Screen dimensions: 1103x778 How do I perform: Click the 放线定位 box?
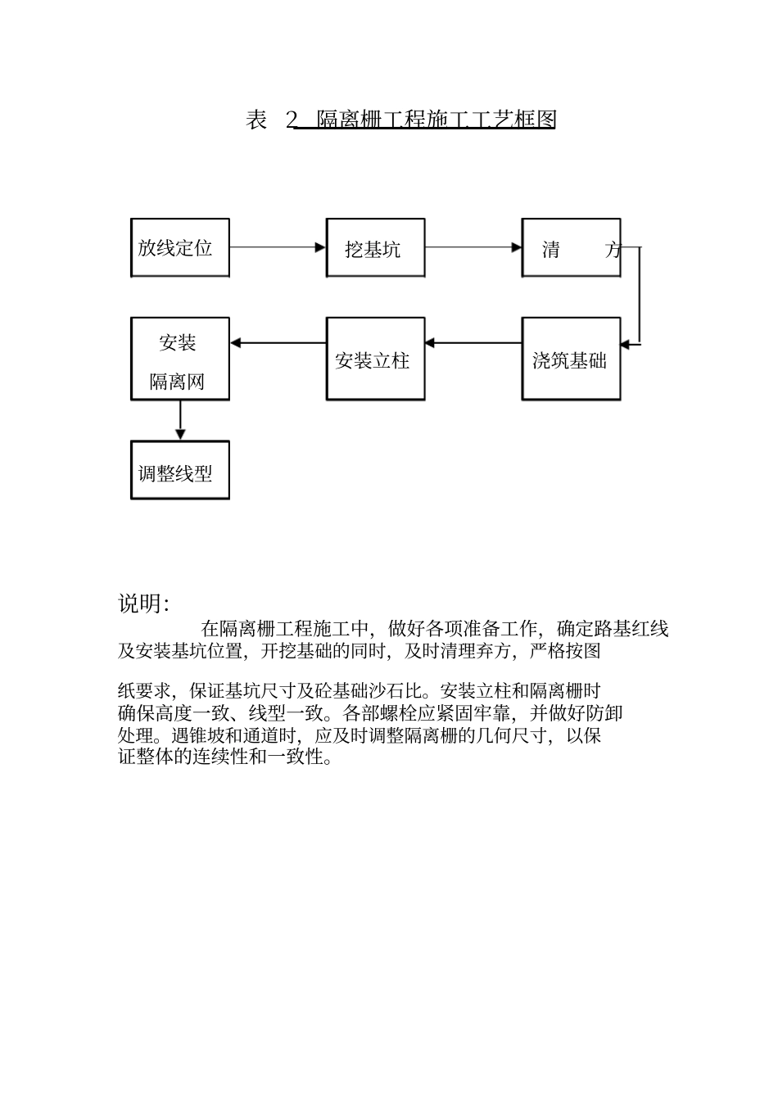(x=179, y=247)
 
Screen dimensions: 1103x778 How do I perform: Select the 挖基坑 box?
(x=375, y=247)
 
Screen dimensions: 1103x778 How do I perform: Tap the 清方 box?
(x=571, y=247)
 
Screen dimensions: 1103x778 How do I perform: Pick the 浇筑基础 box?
(x=571, y=359)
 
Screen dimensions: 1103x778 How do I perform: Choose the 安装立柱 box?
(x=375, y=359)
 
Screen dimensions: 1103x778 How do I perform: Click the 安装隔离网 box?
(x=179, y=359)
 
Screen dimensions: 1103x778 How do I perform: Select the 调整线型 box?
(x=179, y=470)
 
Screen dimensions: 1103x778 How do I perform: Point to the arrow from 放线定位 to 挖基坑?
(x=278, y=246)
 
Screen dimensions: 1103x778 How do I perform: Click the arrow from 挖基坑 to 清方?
(x=473, y=246)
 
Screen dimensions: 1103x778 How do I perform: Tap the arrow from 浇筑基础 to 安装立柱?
(x=473, y=343)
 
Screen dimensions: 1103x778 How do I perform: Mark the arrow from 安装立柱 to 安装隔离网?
(x=278, y=343)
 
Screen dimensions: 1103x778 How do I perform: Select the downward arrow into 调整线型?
(x=180, y=420)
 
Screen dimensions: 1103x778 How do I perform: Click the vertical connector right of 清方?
(x=640, y=295)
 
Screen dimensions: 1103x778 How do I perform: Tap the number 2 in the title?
(x=292, y=120)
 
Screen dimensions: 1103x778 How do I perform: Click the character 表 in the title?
(x=256, y=120)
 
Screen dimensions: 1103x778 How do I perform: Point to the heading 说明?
(x=144, y=604)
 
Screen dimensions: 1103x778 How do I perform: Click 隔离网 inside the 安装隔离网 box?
(x=177, y=382)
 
